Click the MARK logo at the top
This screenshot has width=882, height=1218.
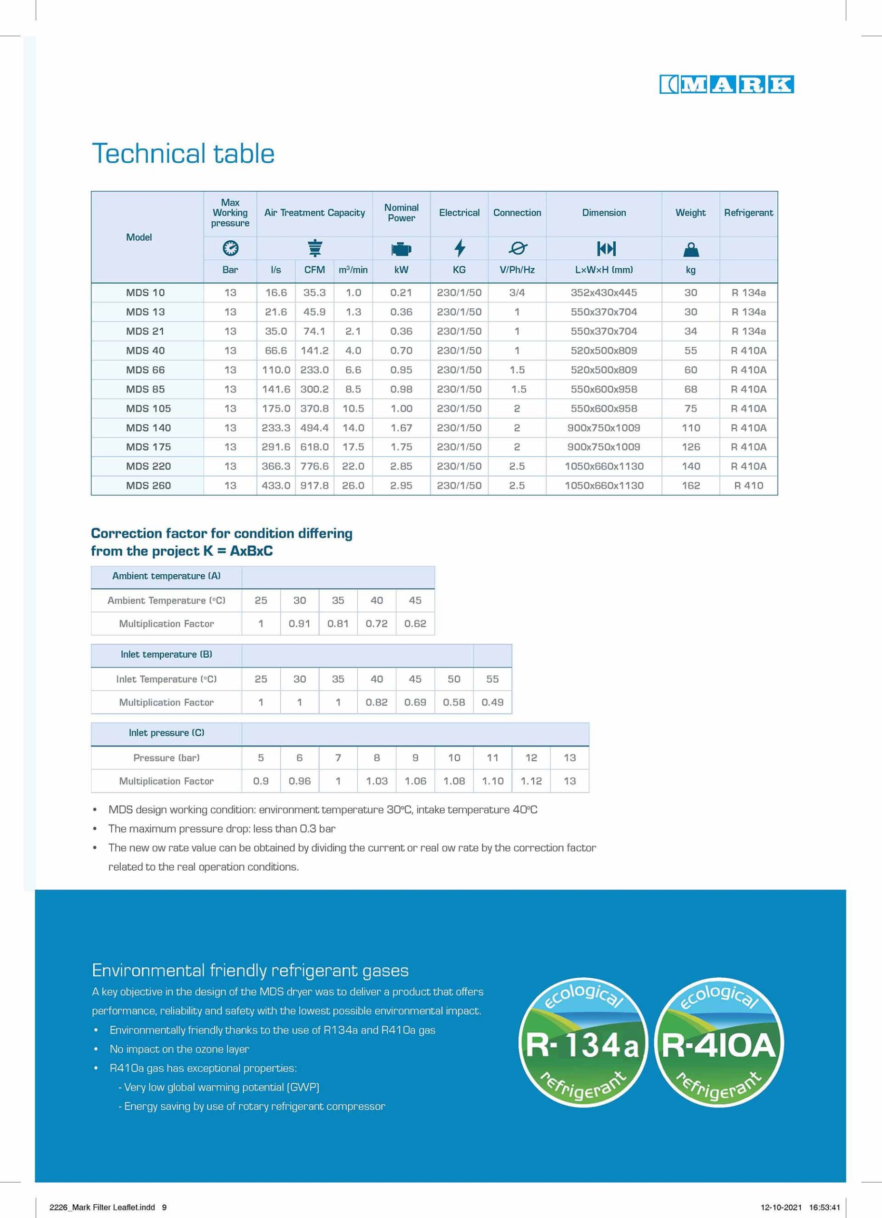726,84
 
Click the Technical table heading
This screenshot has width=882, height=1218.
183,154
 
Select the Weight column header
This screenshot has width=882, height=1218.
690,213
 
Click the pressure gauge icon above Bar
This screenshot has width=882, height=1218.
230,248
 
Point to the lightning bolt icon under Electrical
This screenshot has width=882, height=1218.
459,248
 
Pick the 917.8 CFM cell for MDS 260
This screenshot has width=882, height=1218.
314,485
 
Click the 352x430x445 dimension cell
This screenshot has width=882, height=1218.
603,293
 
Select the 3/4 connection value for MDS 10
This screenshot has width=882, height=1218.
517,293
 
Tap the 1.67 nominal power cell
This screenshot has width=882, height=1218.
401,428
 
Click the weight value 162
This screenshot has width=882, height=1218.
690,485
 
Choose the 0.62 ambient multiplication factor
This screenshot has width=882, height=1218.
415,623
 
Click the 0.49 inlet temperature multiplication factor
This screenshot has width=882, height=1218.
492,702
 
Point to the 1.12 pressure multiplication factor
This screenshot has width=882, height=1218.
531,781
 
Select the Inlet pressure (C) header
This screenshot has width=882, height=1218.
167,733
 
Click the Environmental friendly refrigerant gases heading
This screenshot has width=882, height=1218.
250,971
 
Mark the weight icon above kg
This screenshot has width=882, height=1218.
690,249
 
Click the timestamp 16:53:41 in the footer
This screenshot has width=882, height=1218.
824,1207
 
